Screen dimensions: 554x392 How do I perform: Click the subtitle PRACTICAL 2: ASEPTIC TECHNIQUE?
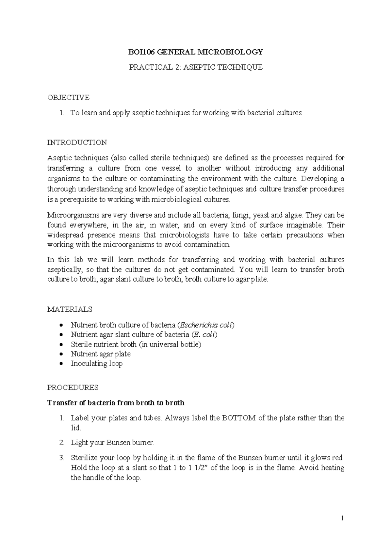click(196, 67)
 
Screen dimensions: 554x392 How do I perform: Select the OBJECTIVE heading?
click(68, 97)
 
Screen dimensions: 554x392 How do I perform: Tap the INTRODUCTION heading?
click(77, 143)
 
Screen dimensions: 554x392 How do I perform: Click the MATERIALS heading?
click(70, 309)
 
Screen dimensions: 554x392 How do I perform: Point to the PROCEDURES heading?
click(73, 387)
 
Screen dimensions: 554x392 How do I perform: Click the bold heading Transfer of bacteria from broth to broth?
click(116, 403)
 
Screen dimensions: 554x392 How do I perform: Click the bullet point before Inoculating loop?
click(61, 364)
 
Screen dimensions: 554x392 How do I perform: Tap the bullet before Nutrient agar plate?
click(61, 354)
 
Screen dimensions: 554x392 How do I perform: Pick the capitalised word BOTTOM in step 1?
click(238, 418)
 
